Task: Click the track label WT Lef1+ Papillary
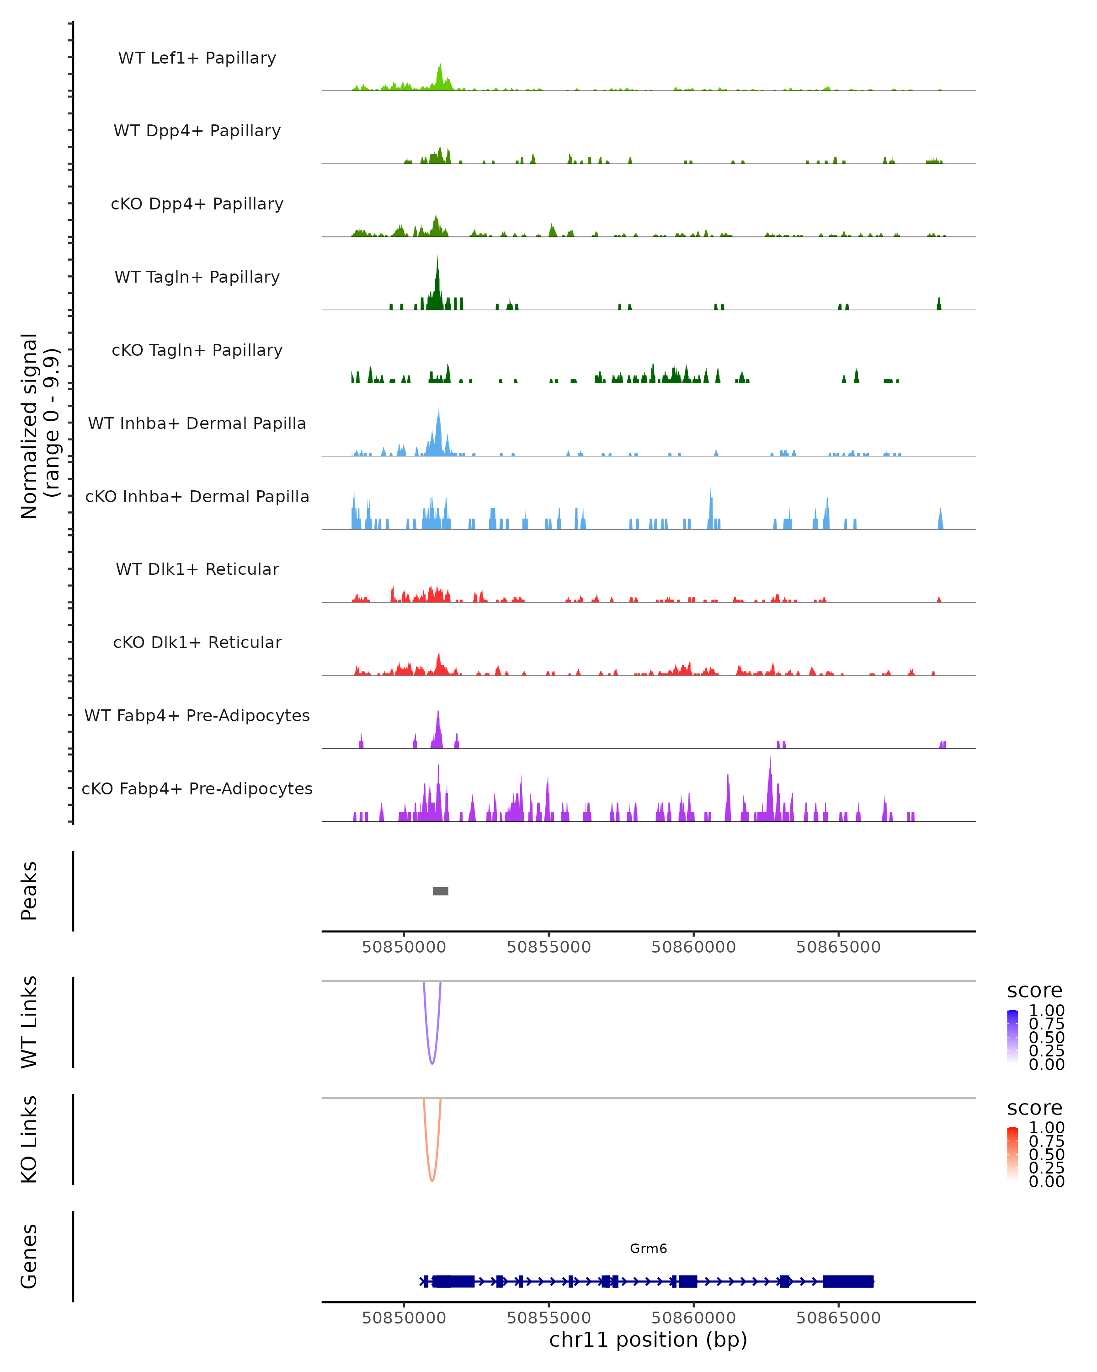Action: [197, 58]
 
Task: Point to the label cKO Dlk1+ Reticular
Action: [197, 642]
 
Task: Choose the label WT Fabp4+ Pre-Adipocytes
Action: [197, 715]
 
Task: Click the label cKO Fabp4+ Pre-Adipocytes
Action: [197, 788]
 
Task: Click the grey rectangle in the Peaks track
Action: [440, 891]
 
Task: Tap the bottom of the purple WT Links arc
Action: [432, 1063]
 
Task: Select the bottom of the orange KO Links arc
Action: [432, 1180]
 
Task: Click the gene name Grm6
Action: [648, 1249]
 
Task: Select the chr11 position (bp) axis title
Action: [648, 1340]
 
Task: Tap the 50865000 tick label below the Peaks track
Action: [838, 947]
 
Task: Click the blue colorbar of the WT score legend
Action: [1012, 1037]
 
